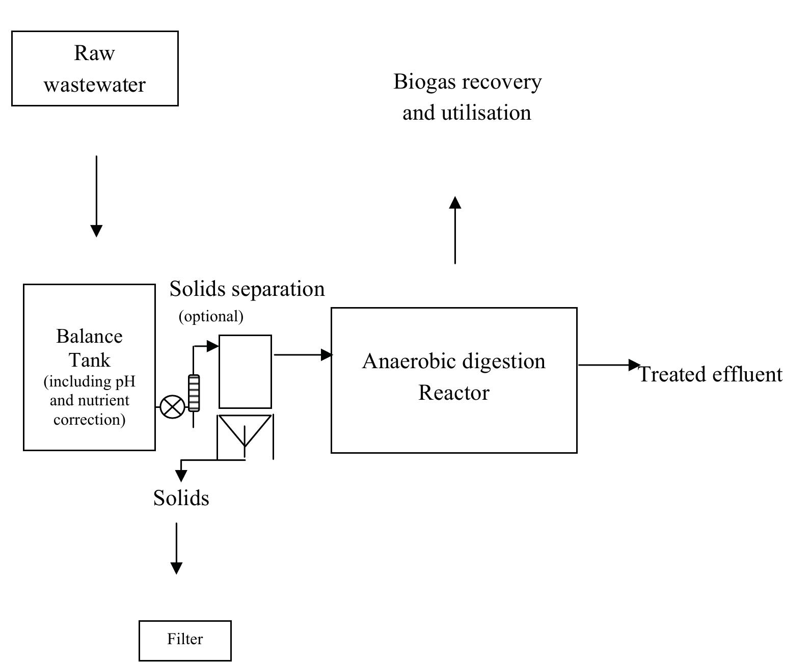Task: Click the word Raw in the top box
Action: [x=94, y=53]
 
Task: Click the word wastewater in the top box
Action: [x=94, y=85]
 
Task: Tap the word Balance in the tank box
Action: [x=89, y=336]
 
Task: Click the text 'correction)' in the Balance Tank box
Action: [x=89, y=420]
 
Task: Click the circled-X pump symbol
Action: [x=173, y=407]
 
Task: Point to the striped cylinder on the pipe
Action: [x=194, y=393]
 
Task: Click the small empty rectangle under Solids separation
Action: [x=245, y=371]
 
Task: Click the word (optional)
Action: [x=211, y=316]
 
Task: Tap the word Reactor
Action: [x=453, y=393]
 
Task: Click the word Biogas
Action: [x=424, y=81]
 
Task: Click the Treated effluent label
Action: [x=710, y=374]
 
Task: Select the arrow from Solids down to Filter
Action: [x=176, y=548]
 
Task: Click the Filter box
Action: [x=185, y=640]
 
